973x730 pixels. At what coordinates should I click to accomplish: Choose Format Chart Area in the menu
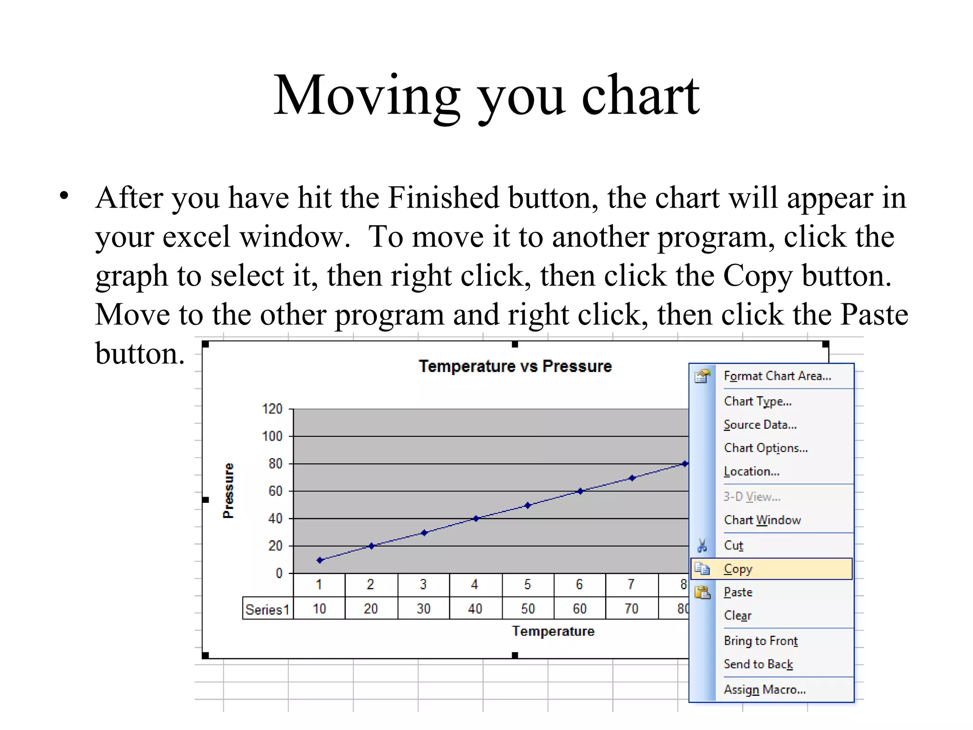click(x=777, y=376)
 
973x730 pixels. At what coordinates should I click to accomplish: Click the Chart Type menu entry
click(x=757, y=402)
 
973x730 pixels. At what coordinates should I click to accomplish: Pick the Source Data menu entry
click(x=760, y=425)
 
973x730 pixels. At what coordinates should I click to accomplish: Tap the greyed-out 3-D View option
click(x=752, y=497)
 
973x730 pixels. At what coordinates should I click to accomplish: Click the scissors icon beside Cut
click(x=702, y=546)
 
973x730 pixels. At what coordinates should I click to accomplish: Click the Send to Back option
click(x=758, y=664)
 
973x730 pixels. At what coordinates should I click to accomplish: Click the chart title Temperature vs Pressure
click(x=515, y=366)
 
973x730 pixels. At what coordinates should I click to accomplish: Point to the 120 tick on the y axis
click(x=272, y=409)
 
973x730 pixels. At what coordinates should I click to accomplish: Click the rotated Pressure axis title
click(x=229, y=490)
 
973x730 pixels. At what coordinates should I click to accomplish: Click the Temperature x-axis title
click(x=553, y=631)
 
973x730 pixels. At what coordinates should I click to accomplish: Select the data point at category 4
click(x=476, y=519)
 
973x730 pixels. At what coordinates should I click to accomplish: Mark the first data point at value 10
click(x=320, y=560)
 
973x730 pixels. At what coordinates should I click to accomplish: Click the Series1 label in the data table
click(x=267, y=609)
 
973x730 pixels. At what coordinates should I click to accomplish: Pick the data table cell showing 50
click(x=527, y=609)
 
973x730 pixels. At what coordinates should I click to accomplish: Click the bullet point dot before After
click(x=64, y=195)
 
